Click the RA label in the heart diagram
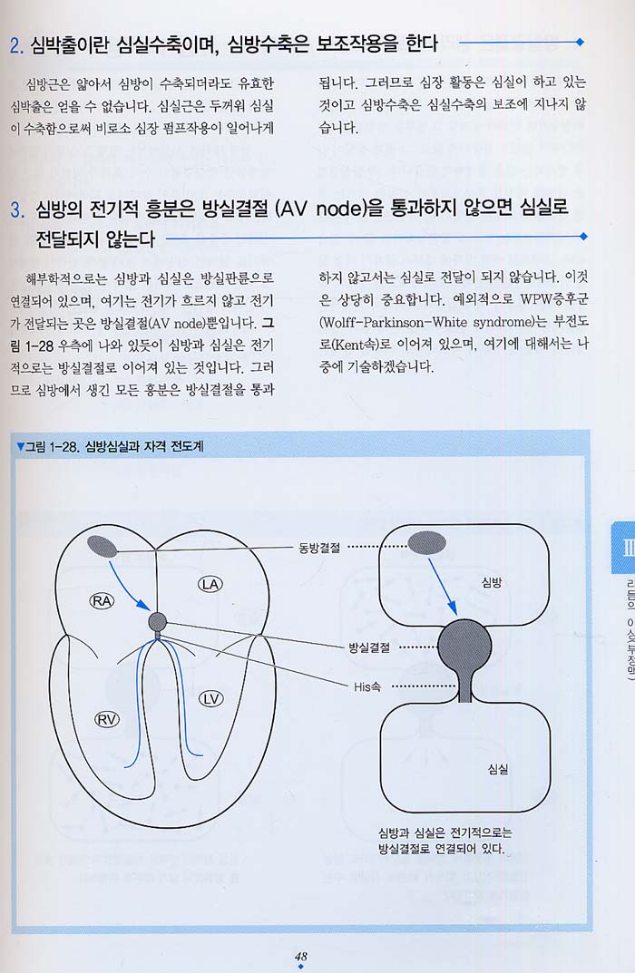point(102,600)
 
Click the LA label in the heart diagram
point(210,584)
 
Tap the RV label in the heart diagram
point(106,719)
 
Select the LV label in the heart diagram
point(211,699)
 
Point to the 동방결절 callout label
point(319,548)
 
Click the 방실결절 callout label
point(369,647)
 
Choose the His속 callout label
point(367,686)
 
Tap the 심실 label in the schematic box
point(498,769)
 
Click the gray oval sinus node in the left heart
point(103,546)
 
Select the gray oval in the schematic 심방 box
point(426,542)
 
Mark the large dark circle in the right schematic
point(464,647)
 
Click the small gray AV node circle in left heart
point(158,622)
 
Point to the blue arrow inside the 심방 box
point(443,587)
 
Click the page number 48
point(301,957)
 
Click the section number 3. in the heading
point(17,209)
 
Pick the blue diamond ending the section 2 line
point(580,43)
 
